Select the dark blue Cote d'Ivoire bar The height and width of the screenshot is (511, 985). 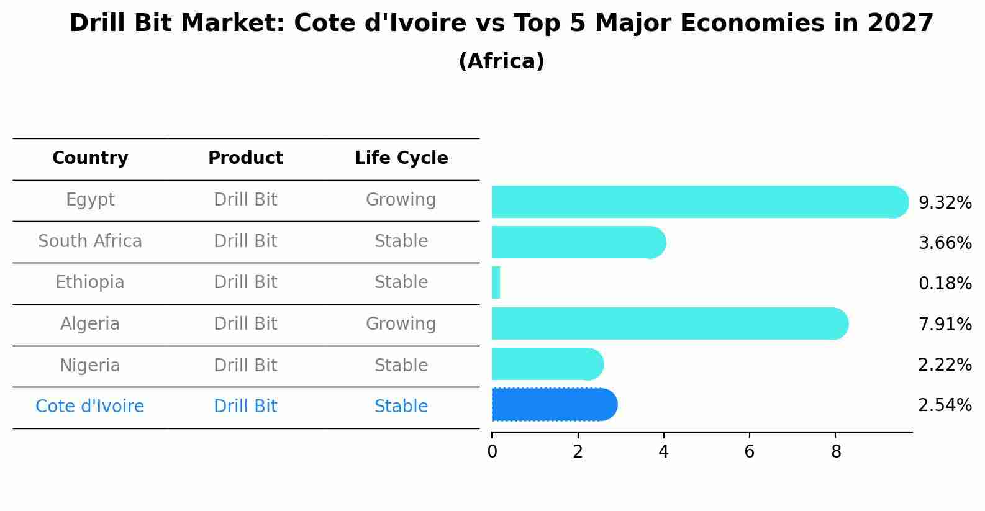click(553, 405)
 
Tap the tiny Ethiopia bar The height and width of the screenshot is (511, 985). click(496, 283)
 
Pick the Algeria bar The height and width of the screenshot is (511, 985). click(668, 323)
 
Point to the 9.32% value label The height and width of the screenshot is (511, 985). click(945, 203)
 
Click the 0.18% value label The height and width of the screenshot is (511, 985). click(945, 284)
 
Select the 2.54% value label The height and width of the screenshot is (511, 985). click(945, 405)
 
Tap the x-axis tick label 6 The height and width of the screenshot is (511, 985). click(750, 452)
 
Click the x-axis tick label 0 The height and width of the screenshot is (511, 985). click(492, 452)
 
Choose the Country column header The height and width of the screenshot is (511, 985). click(90, 158)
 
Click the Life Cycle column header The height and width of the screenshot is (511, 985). click(401, 158)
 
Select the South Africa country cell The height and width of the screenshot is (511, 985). click(90, 241)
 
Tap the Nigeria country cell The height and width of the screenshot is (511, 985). click(90, 365)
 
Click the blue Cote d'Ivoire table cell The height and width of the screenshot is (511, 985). click(90, 407)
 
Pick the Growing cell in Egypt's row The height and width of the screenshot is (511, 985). click(401, 200)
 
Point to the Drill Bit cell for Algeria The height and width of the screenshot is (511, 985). click(245, 324)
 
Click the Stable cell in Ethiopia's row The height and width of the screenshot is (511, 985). click(401, 283)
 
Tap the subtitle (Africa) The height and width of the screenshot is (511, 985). click(501, 61)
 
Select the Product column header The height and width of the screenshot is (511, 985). click(245, 158)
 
